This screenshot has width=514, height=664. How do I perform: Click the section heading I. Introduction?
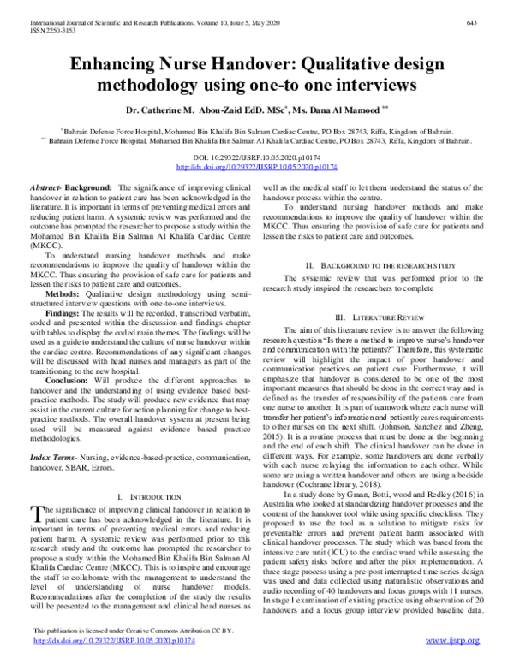click(145, 496)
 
